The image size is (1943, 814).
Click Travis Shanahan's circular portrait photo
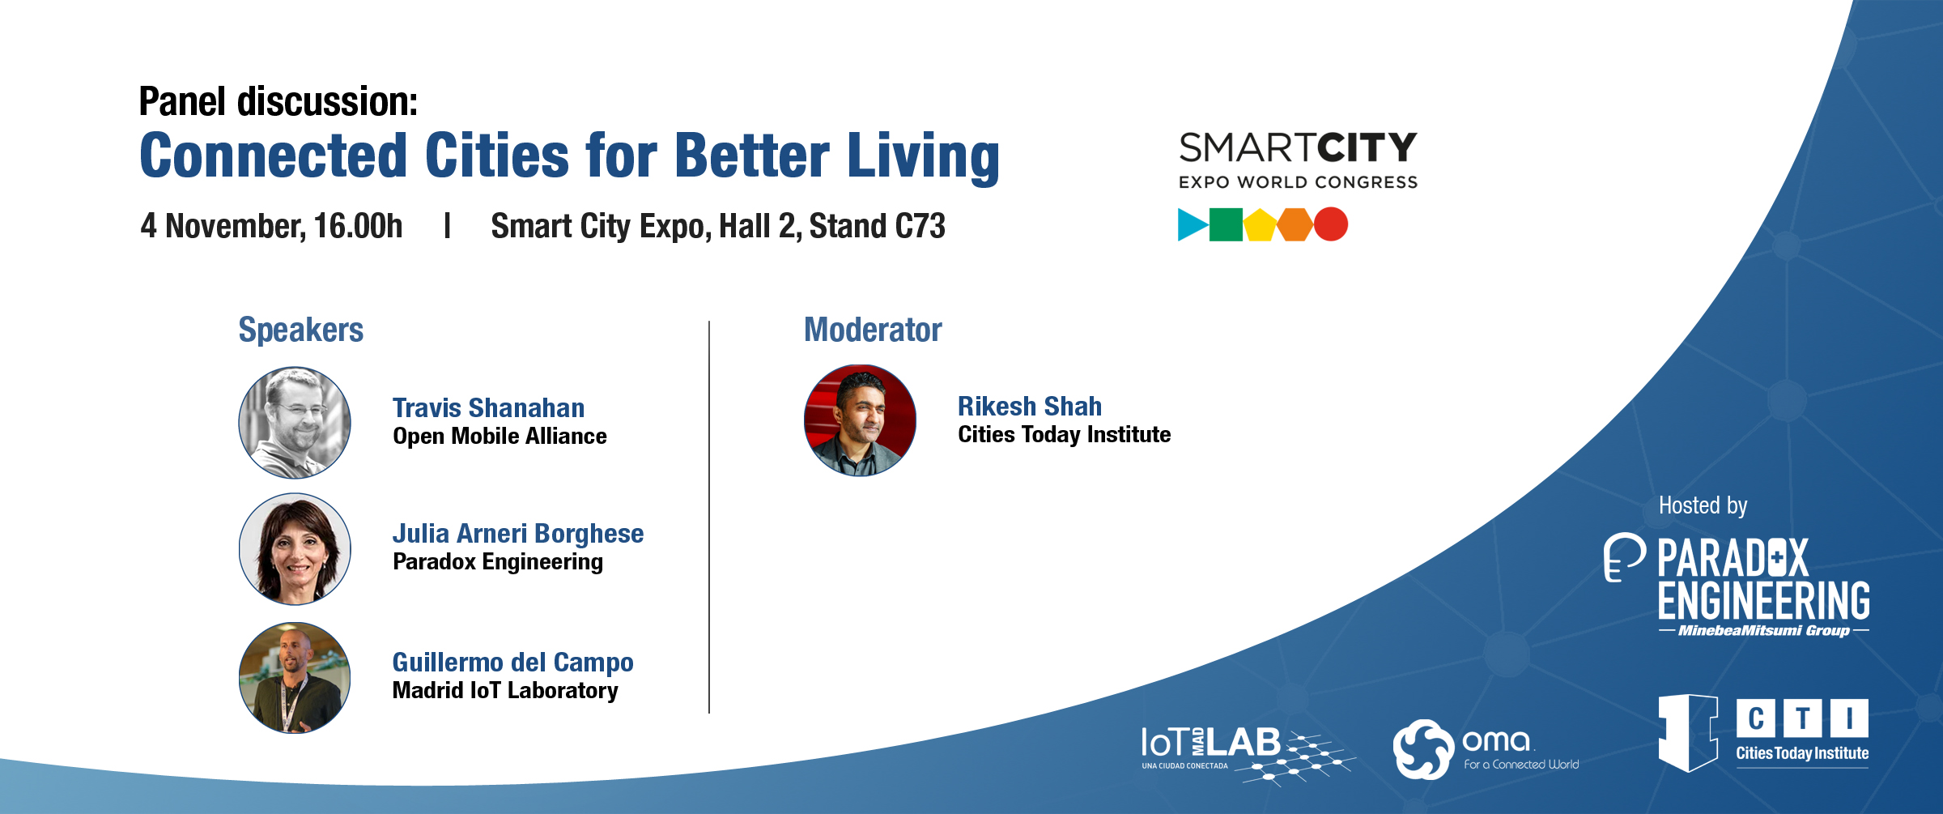[x=295, y=422]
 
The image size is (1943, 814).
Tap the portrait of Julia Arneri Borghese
[x=295, y=549]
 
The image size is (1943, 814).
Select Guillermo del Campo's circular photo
[x=295, y=678]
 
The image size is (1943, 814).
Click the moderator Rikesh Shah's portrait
[x=860, y=420]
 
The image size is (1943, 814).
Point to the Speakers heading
[x=300, y=330]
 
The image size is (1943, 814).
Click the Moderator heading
[x=873, y=330]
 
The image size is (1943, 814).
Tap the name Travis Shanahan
[x=488, y=407]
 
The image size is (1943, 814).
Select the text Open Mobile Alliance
[x=500, y=437]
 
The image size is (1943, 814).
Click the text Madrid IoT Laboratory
[x=505, y=690]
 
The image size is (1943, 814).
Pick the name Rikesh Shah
[x=1030, y=406]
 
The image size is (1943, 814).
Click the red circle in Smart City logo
[x=1330, y=224]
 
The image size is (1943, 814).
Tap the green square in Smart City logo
[x=1226, y=225]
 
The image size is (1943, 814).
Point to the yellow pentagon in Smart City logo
[x=1260, y=225]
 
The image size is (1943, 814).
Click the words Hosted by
[x=1703, y=506]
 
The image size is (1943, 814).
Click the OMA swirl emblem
[x=1422, y=749]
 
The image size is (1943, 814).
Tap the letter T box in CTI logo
[x=1802, y=718]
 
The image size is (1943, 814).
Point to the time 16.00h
[x=358, y=226]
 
